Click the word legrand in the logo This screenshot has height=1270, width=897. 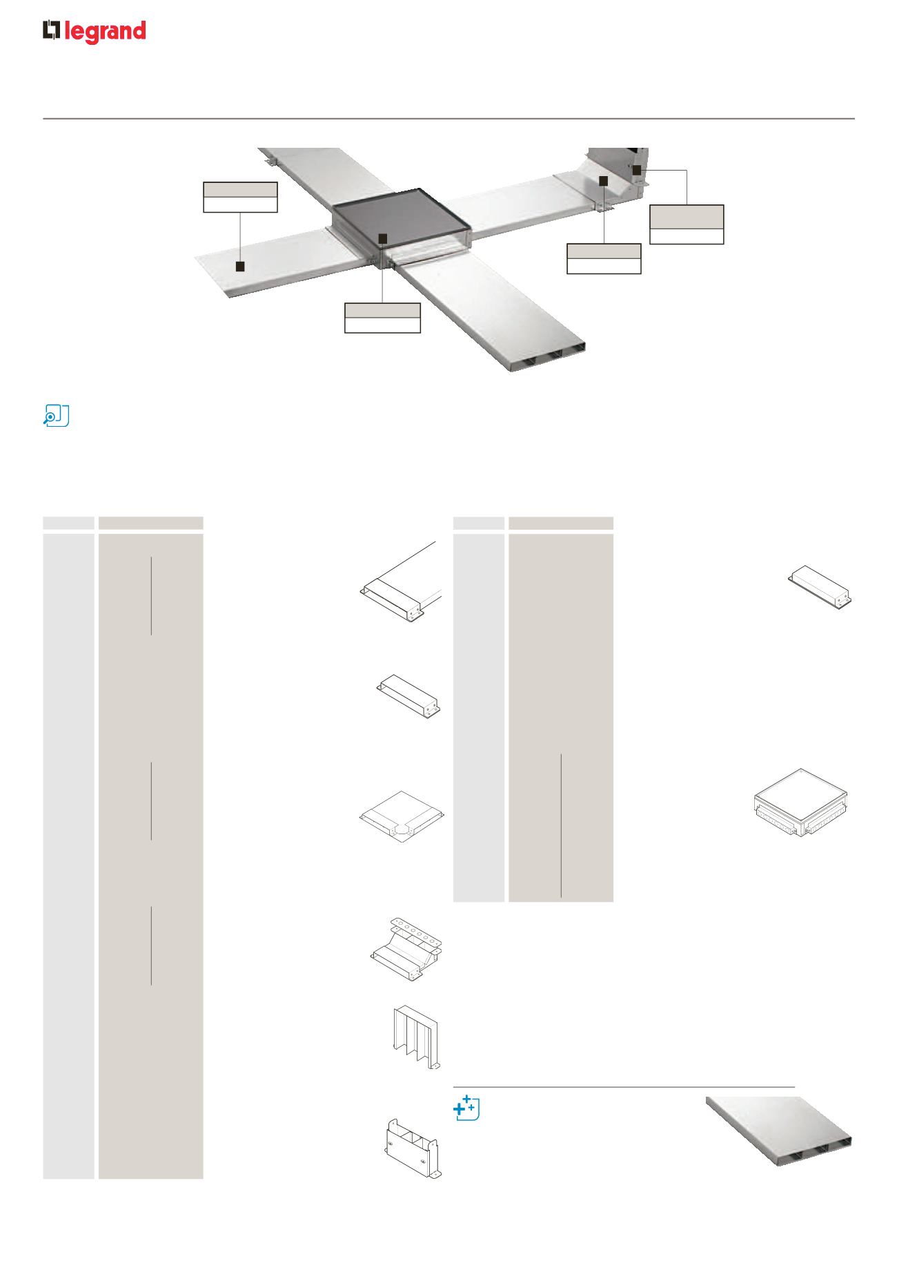[x=105, y=32]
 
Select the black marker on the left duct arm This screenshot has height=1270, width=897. [x=240, y=267]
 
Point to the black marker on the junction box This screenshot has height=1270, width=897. [x=384, y=238]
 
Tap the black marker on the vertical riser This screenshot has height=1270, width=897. [x=636, y=170]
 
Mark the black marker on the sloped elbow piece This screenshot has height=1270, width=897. [x=603, y=181]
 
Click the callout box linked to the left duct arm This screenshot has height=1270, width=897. [x=240, y=197]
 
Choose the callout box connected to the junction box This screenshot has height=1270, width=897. [x=382, y=318]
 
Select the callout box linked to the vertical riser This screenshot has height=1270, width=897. [x=687, y=224]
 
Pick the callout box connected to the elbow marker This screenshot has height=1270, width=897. [x=604, y=259]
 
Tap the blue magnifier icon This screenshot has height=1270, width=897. [x=56, y=416]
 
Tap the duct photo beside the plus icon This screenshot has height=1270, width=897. [x=778, y=1131]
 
